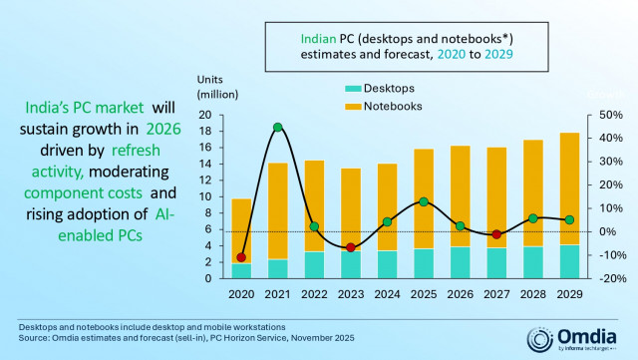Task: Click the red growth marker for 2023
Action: (350, 247)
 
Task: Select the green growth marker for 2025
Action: (424, 201)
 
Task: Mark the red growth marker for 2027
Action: (496, 234)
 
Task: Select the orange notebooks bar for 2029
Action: (569, 188)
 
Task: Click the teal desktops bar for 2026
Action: (460, 262)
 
